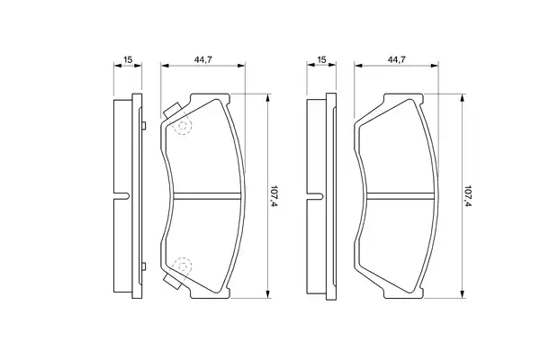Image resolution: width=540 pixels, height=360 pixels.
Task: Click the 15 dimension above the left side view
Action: (128, 60)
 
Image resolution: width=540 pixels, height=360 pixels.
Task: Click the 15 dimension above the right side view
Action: (321, 60)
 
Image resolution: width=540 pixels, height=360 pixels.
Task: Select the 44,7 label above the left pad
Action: (202, 59)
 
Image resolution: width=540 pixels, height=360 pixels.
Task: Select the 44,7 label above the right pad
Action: (396, 59)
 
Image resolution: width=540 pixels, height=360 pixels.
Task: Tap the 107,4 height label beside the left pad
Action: (274, 196)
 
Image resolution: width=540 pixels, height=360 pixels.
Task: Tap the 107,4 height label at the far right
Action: (468, 196)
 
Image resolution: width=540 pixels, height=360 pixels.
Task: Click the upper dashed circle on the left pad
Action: (184, 126)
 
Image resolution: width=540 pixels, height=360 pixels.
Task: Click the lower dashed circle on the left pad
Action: (184, 265)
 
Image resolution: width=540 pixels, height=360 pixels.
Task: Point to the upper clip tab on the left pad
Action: (173, 111)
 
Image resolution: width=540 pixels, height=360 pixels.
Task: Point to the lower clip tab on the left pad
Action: (173, 281)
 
